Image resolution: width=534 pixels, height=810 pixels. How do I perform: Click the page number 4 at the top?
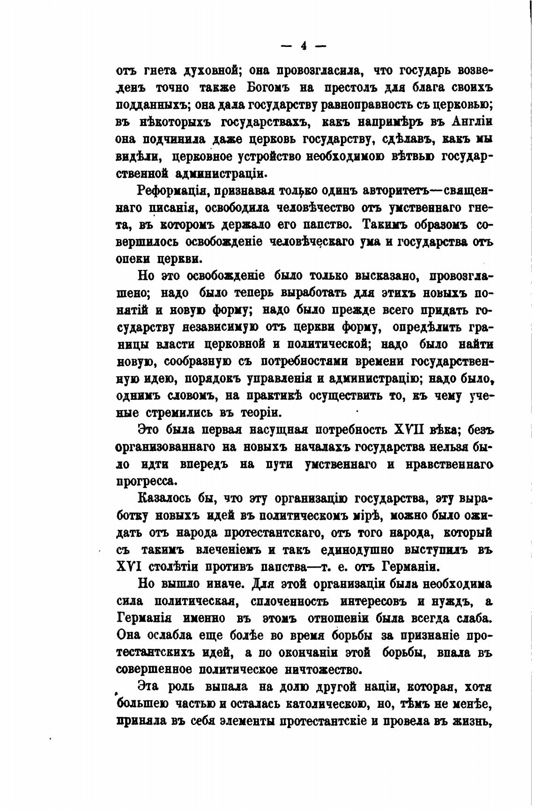point(303,45)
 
